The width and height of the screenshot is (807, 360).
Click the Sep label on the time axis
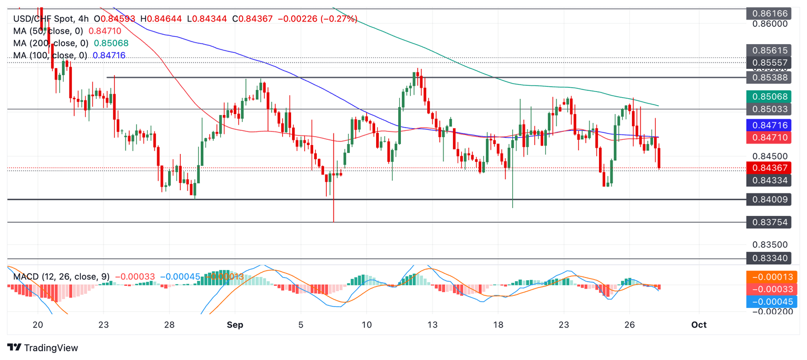pyautogui.click(x=235, y=324)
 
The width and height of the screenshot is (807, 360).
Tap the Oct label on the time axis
pyautogui.click(x=699, y=324)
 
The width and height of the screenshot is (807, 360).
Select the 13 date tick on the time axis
pyautogui.click(x=432, y=324)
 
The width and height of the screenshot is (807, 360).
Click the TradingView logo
pyautogui.click(x=43, y=348)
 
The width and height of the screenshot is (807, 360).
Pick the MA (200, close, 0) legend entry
pyautogui.click(x=50, y=43)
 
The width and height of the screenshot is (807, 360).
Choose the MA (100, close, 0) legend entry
pyautogui.click(x=50, y=55)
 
